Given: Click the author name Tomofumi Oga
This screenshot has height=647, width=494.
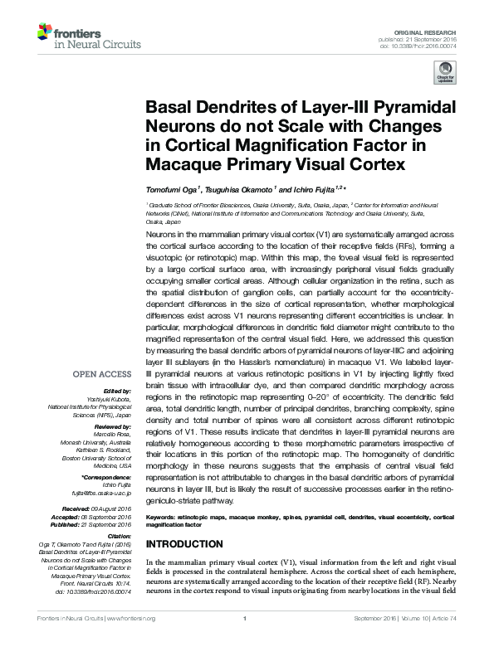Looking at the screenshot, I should click(170, 190).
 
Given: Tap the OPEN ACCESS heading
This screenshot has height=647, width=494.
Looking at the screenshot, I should click(104, 373).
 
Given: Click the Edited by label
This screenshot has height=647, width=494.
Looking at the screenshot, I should click(116, 390).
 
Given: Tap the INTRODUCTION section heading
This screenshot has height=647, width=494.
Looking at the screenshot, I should click(184, 544).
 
